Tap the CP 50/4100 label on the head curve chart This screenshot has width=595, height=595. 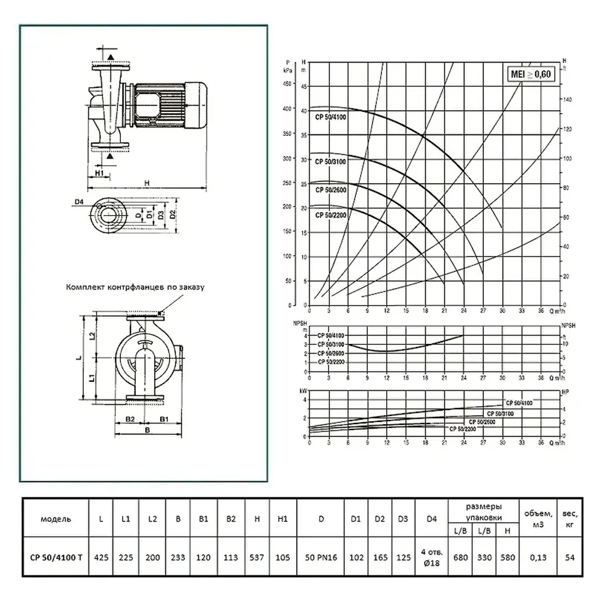[331, 117]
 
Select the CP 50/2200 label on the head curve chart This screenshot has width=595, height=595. [331, 214]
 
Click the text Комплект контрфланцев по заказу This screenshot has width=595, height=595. [135, 287]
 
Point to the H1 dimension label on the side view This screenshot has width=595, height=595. [99, 173]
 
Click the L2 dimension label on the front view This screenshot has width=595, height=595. [92, 336]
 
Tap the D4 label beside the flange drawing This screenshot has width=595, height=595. [80, 202]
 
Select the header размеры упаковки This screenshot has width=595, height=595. [483, 511]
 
